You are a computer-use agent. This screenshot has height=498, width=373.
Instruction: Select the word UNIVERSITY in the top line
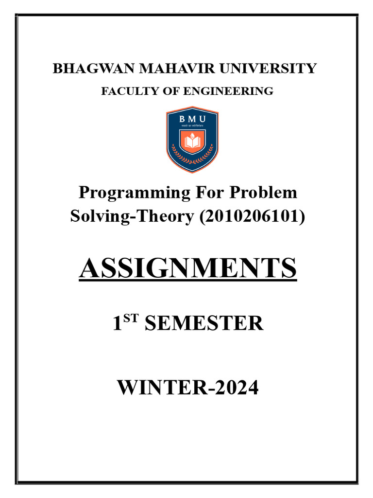(269, 69)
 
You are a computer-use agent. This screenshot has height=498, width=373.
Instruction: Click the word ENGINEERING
(235, 91)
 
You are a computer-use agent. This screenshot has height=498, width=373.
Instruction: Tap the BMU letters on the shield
(192, 119)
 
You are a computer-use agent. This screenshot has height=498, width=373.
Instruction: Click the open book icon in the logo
(192, 142)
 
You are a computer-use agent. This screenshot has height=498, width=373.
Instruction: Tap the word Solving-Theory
(132, 216)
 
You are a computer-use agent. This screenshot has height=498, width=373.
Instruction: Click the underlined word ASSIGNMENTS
(187, 268)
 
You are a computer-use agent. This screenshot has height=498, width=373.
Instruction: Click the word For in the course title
(210, 193)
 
